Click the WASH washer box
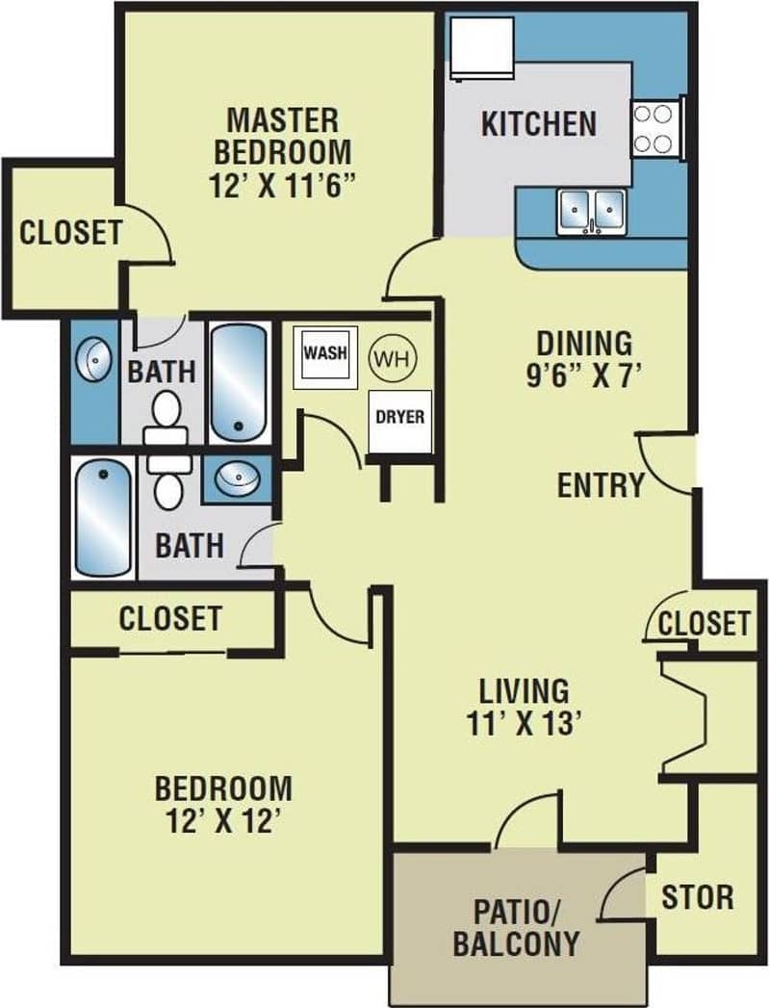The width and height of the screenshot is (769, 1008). [x=324, y=354]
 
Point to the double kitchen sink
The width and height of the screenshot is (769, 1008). [x=591, y=209]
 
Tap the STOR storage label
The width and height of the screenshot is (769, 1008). [x=697, y=897]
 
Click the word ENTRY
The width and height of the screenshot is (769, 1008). [x=601, y=485]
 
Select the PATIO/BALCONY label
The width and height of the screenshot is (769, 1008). [x=515, y=926]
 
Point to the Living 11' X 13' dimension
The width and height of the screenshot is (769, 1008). [x=525, y=722]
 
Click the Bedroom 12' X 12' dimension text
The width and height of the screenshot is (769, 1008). [x=223, y=821]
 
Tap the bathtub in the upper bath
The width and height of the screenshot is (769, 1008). [x=239, y=382]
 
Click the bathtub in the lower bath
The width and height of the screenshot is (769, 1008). [x=103, y=518]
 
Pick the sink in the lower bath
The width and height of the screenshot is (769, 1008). [x=236, y=478]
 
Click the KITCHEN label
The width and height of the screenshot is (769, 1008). [x=538, y=124]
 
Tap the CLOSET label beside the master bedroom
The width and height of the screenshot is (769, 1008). [x=71, y=233]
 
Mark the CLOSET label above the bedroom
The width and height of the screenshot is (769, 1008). [x=170, y=618]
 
